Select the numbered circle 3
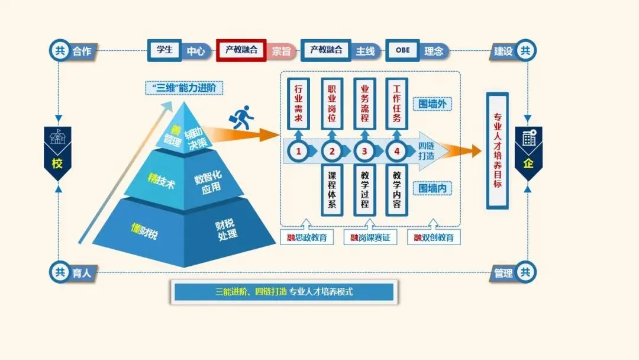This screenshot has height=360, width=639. tap(364, 152)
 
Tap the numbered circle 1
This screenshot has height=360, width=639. tap(298, 152)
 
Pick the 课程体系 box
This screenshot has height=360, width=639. tap(331, 189)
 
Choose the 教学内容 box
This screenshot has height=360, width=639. tap(396, 189)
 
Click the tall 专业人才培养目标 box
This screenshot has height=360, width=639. tap(496, 150)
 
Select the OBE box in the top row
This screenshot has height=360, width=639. tap(402, 50)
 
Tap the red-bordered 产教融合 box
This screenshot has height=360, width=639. tap(241, 50)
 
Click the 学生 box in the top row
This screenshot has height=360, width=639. tap(164, 50)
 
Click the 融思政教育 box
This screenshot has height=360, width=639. tap(306, 237)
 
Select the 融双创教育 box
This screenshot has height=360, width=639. tap(434, 237)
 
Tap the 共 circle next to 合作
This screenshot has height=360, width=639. tap(60, 51)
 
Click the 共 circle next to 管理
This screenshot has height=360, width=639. tap(525, 273)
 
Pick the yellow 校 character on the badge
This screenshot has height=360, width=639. tap(57, 163)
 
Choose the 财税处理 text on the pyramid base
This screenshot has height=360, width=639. tap(225, 229)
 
